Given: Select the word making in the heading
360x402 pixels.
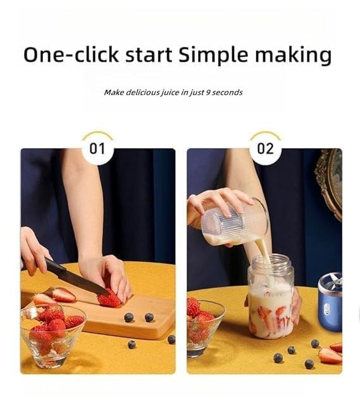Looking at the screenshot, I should click(294, 56).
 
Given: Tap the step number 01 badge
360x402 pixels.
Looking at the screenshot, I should click(97, 149).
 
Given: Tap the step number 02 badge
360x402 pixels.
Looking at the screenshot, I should click(265, 149).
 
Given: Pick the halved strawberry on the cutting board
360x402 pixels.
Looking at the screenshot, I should click(63, 294).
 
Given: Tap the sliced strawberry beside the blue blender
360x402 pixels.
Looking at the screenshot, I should click(330, 356).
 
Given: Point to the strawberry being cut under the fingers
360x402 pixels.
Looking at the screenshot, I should click(109, 299).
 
